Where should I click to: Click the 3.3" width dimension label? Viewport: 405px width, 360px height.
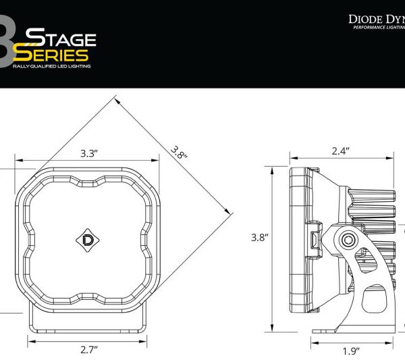89,153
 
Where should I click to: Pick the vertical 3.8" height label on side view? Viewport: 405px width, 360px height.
261,238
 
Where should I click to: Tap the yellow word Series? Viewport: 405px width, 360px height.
60,55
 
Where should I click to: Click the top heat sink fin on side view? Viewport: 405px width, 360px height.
369,198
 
